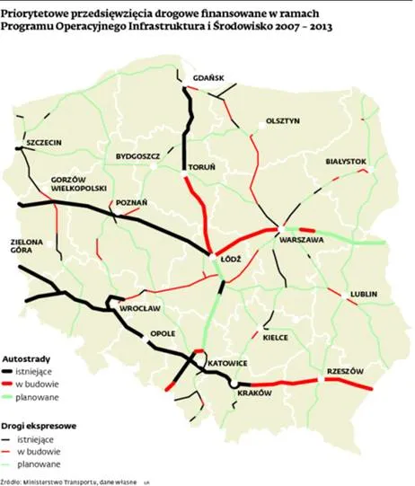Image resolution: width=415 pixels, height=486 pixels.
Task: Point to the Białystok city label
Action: click(x=346, y=162)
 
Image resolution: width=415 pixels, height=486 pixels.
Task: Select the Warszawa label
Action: click(x=302, y=243)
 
